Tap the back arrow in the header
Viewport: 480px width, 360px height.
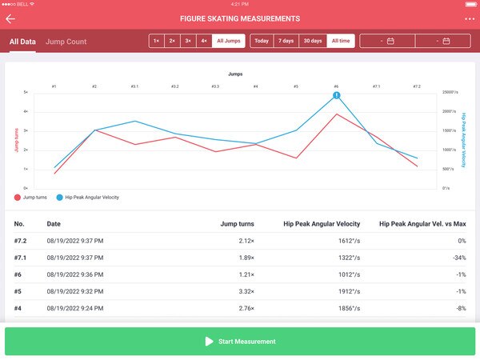[x=10, y=18]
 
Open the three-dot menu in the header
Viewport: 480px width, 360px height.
[x=469, y=18]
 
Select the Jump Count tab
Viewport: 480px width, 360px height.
[x=66, y=41]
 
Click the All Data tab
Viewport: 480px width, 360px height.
[x=22, y=41]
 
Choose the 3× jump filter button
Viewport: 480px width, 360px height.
[x=187, y=41]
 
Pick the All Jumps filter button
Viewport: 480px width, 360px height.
[x=229, y=41]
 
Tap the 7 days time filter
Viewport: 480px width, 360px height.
[x=286, y=41]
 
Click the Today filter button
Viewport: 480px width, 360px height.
[x=262, y=41]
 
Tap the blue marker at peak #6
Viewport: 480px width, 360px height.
[x=337, y=95]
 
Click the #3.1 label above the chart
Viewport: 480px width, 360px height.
[x=134, y=86]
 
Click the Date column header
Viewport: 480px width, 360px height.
[x=54, y=224]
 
